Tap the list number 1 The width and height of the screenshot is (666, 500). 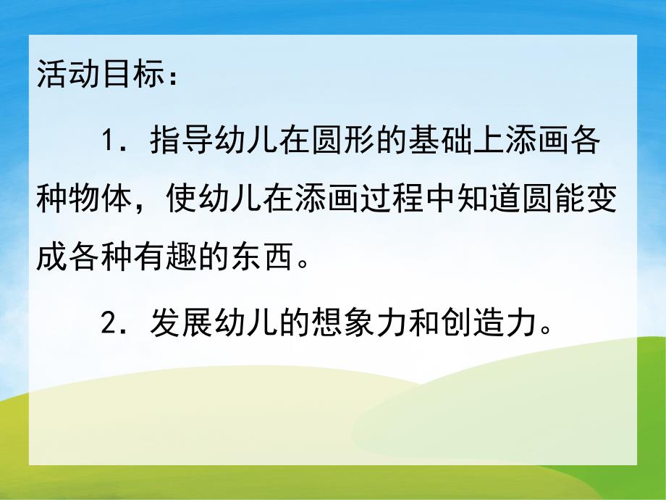point(109,140)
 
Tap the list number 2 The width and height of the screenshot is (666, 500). point(109,320)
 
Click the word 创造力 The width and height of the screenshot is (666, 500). point(487,320)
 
